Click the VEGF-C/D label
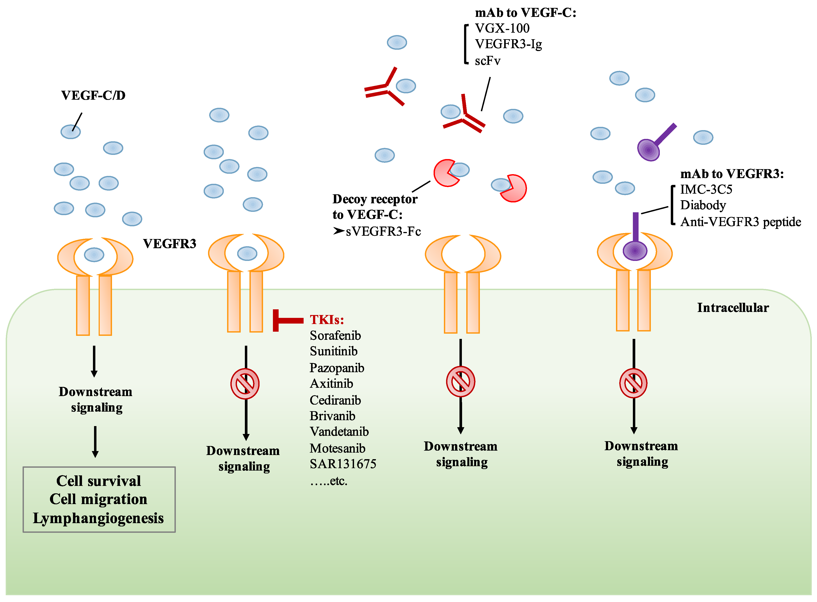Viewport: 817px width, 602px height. [x=93, y=96]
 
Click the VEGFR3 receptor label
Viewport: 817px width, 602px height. [x=169, y=243]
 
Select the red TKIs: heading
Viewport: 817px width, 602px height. [x=327, y=320]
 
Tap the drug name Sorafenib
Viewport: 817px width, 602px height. [x=335, y=335]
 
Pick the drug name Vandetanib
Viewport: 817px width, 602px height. [x=339, y=432]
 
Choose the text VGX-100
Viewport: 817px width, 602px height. [x=502, y=28]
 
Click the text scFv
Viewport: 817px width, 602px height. [x=488, y=60]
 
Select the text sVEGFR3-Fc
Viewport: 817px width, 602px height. [x=383, y=231]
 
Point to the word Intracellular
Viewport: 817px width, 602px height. [x=733, y=308]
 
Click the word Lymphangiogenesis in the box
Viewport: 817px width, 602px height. [x=98, y=518]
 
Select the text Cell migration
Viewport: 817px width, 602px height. [x=98, y=499]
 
